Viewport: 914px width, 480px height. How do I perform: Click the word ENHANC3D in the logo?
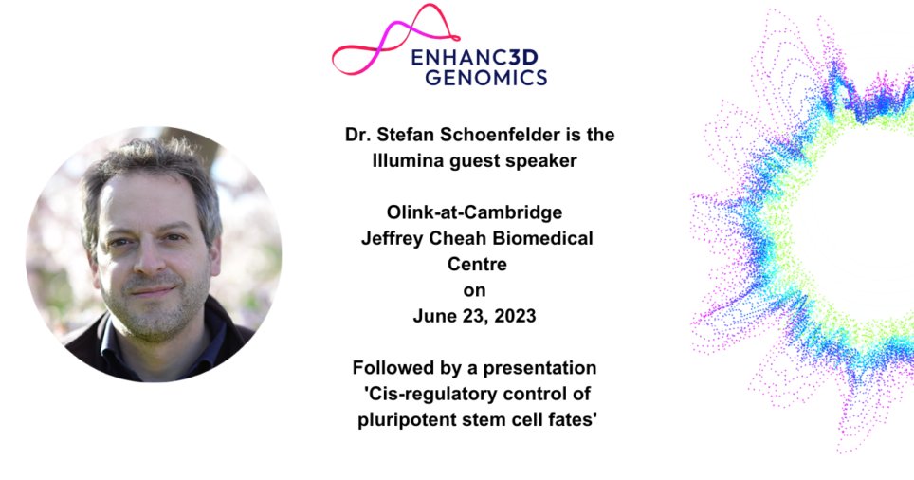479,58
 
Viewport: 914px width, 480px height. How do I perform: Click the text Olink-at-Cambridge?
476,212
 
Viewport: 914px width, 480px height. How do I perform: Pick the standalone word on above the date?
475,290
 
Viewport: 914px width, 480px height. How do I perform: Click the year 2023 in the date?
516,316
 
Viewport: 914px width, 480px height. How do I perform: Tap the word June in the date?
432,316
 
